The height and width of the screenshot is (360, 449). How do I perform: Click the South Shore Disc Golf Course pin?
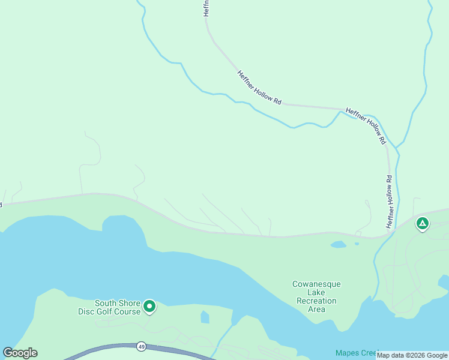pyautogui.click(x=149, y=307)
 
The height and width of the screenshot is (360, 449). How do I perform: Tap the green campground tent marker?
pyautogui.click(x=423, y=224)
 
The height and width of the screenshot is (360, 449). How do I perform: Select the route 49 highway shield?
pyautogui.click(x=141, y=346)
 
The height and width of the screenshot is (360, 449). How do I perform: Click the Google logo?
pyautogui.click(x=20, y=353)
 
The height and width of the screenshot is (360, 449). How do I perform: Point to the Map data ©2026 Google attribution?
pyautogui.click(x=412, y=355)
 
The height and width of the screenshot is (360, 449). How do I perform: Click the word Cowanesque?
pyautogui.click(x=316, y=284)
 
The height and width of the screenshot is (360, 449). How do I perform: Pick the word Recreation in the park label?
pyautogui.click(x=316, y=301)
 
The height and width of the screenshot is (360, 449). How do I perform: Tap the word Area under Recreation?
pyautogui.click(x=316, y=310)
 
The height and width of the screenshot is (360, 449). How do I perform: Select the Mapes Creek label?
pyautogui.click(x=357, y=353)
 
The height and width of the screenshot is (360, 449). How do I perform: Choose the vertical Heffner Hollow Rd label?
pyautogui.click(x=390, y=201)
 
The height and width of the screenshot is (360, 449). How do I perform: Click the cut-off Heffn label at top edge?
pyautogui.click(x=206, y=8)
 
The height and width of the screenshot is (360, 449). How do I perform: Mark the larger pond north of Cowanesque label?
pyautogui.click(x=338, y=245)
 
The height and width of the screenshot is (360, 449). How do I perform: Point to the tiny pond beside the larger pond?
pyautogui.click(x=357, y=244)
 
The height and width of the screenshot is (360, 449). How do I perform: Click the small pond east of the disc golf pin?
pyautogui.click(x=205, y=317)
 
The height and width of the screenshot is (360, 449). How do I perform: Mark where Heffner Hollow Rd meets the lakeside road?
pyautogui.click(x=385, y=235)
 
